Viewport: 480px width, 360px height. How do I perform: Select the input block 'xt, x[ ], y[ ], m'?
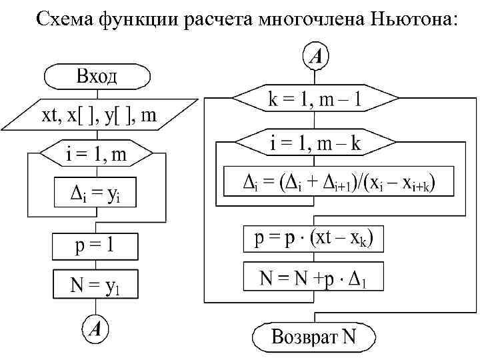(x=100, y=115)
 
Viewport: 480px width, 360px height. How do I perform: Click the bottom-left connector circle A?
(x=97, y=328)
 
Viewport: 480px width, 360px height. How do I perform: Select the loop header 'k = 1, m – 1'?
(x=315, y=100)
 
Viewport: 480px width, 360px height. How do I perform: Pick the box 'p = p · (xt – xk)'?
(x=314, y=239)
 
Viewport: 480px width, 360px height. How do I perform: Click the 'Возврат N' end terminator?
(x=314, y=337)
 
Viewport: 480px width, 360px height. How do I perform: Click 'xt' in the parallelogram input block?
(x=49, y=116)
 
